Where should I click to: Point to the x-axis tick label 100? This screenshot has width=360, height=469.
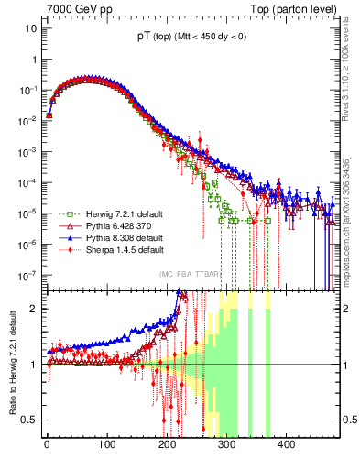click(x=106, y=444)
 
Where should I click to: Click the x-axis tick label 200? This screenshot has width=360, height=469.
click(x=167, y=444)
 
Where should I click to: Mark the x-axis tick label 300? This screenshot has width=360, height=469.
click(x=226, y=444)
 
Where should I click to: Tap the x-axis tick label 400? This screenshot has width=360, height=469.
click(x=286, y=444)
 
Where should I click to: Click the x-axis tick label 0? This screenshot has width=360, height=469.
click(x=47, y=444)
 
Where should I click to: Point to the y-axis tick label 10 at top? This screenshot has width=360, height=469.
click(x=28, y=28)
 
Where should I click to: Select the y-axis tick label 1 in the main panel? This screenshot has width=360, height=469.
click(x=33, y=60)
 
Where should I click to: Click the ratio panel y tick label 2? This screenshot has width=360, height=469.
click(x=33, y=309)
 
